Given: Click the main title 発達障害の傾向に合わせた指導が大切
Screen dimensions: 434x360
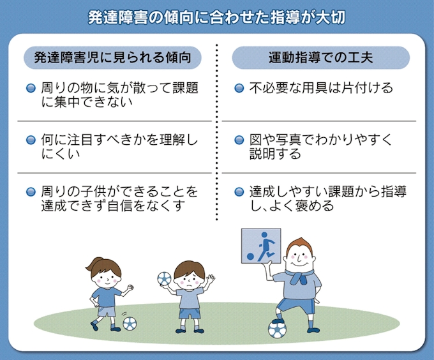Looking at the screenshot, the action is [x=217, y=17].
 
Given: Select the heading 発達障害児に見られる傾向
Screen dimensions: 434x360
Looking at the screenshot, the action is [x=113, y=57].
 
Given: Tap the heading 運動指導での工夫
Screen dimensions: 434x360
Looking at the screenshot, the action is [x=321, y=57].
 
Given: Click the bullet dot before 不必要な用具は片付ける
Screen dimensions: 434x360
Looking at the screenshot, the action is [x=239, y=88].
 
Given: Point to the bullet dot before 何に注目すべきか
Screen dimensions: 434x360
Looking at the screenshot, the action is [x=31, y=140].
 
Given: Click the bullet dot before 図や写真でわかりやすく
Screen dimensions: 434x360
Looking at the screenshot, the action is [x=239, y=140].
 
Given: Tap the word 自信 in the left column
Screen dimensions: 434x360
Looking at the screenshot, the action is [x=119, y=206].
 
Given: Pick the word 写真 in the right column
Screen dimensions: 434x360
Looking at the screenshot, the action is [x=288, y=140].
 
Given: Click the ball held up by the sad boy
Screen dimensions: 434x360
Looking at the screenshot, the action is [x=165, y=278].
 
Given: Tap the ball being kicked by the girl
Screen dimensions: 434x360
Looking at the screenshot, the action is [x=130, y=324].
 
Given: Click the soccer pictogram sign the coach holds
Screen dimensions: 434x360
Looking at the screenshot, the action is [x=261, y=246].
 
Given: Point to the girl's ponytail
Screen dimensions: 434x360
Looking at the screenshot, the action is [x=93, y=264].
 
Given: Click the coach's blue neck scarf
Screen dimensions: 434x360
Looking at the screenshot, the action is [x=300, y=276].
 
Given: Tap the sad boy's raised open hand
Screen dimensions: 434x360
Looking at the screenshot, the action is [x=211, y=279].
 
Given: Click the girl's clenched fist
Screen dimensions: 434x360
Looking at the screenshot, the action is [x=130, y=288].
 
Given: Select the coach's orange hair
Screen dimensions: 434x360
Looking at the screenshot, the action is [x=299, y=244].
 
